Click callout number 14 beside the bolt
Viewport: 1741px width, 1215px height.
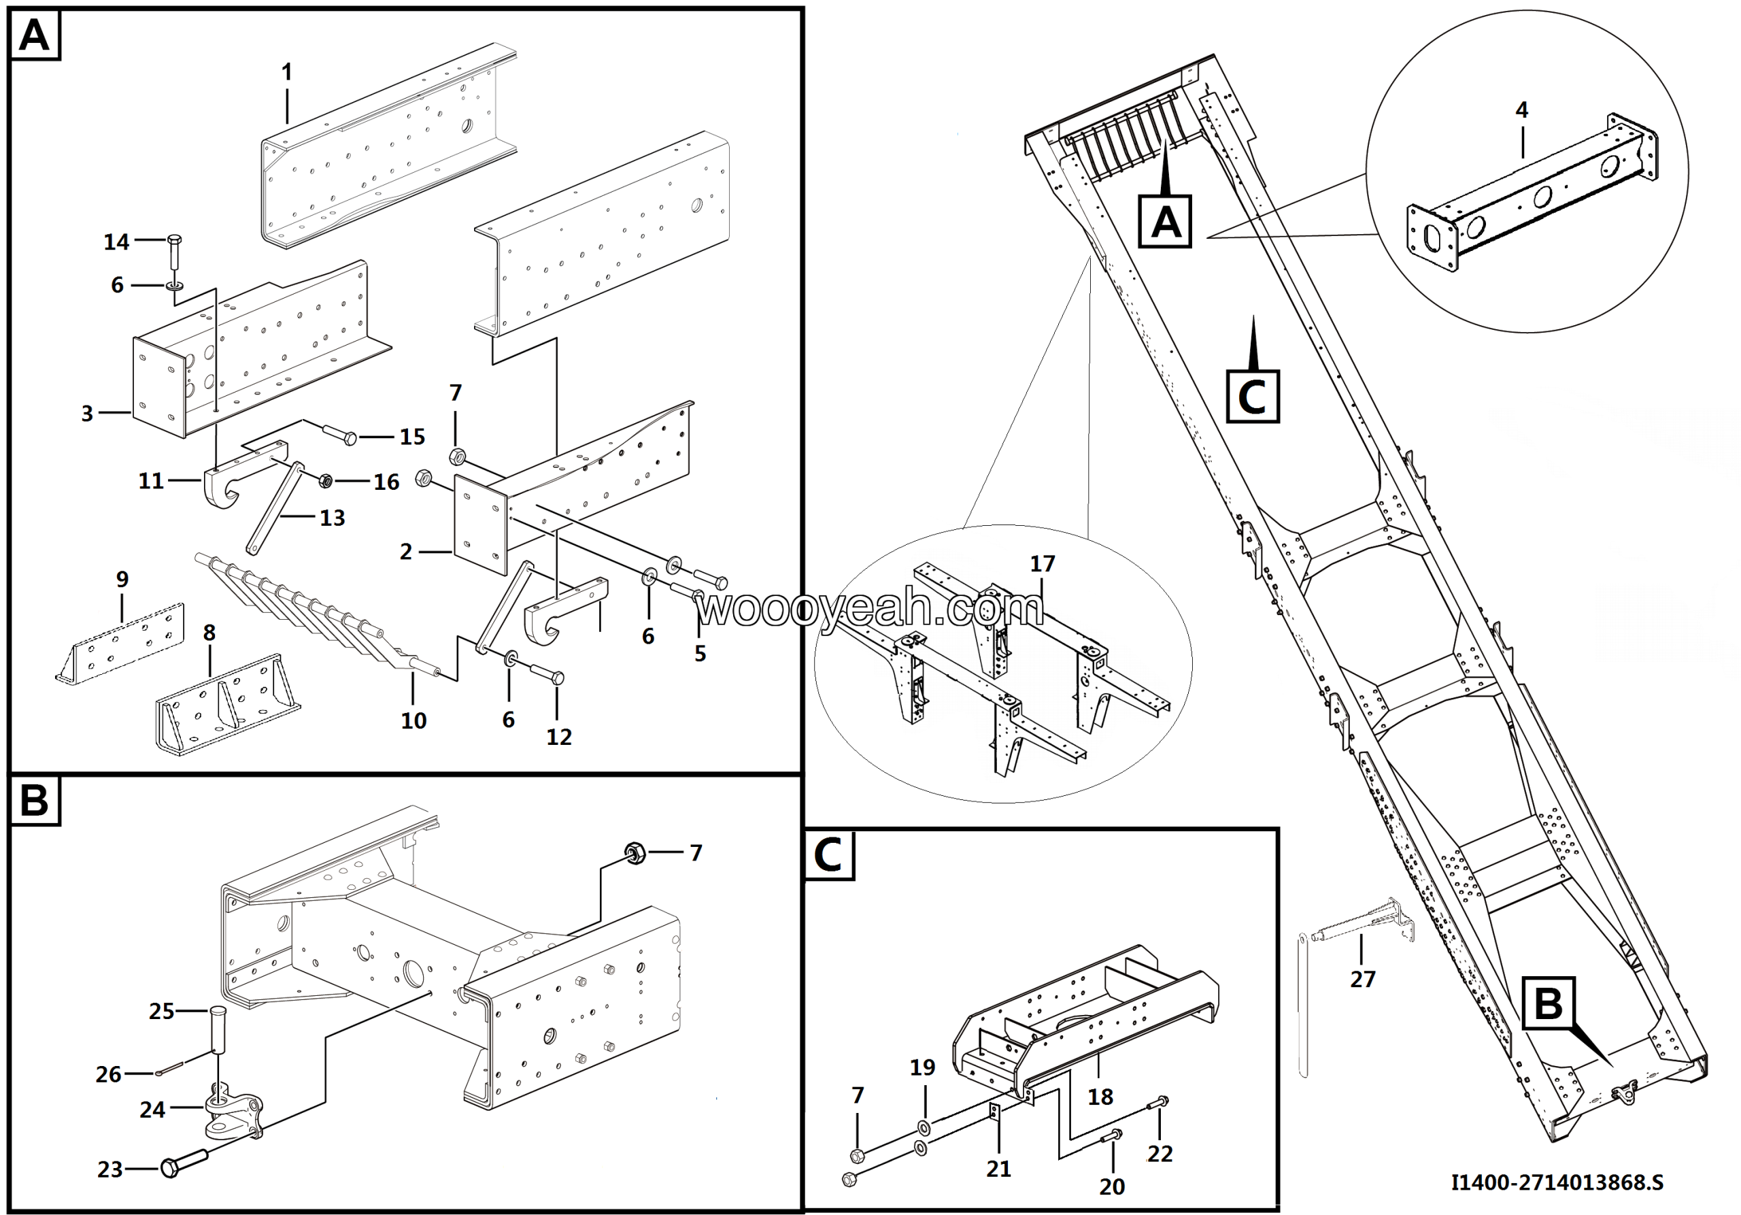[x=116, y=242]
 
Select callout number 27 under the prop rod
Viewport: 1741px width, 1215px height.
[x=1362, y=979]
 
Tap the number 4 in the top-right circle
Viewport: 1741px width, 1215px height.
[x=1521, y=110]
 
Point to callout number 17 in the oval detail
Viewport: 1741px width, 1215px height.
[x=1042, y=563]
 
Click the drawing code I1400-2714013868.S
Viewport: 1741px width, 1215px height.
[x=1557, y=1182]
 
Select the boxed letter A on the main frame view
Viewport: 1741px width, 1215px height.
[x=1165, y=222]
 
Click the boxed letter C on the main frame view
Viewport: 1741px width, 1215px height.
[x=1252, y=396]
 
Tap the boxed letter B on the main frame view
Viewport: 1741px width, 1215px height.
[x=1548, y=1003]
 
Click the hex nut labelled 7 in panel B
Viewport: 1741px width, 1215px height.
[x=635, y=853]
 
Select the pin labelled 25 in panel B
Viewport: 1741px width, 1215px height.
[x=218, y=1029]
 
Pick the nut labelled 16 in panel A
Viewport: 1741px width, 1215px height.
[x=326, y=481]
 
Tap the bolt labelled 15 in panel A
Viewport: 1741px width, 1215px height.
[x=341, y=435]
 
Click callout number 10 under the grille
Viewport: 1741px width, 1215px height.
[x=413, y=720]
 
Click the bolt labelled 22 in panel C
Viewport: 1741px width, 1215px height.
[x=1158, y=1103]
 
